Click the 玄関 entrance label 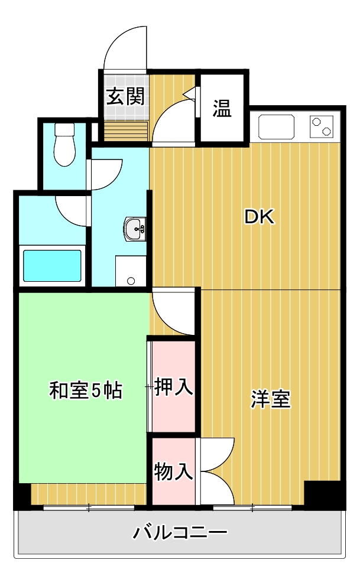pos(125,96)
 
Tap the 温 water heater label pos(222,108)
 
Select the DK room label pos(260,217)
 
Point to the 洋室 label pos(271,400)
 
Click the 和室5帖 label pos(86,390)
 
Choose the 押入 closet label pos(174,387)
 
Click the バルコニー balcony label pos(180,533)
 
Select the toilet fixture pos(64,145)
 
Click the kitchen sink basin pos(276,126)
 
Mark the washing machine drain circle pos(131,281)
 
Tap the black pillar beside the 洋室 pos(324,494)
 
